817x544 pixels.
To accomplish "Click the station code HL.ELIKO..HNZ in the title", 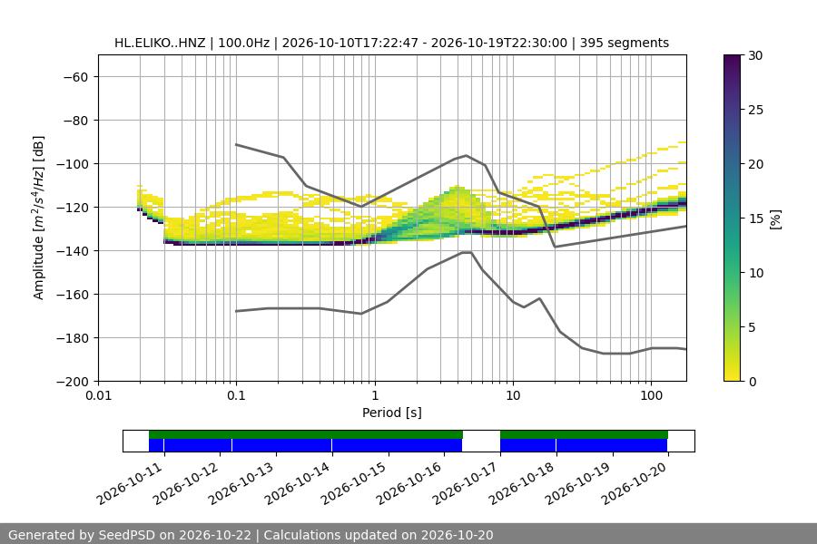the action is click(160, 43).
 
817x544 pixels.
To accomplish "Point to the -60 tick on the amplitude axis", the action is click(76, 77).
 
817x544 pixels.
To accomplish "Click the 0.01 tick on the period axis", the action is click(98, 395).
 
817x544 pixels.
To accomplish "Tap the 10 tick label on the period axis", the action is click(513, 395).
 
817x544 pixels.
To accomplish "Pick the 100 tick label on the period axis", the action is click(651, 395).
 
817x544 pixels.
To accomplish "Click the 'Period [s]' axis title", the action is click(392, 413).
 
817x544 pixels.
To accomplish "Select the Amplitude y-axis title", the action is click(38, 218).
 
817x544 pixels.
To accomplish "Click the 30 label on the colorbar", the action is click(755, 55).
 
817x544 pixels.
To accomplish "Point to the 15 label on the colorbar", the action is click(755, 219).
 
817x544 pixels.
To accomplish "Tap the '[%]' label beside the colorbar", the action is click(776, 219).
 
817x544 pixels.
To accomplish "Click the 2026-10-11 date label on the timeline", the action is click(130, 483).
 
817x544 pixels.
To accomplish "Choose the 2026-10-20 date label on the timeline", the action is click(635, 483).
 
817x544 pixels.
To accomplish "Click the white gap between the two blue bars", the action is click(481, 445).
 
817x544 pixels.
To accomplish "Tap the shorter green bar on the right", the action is click(584, 434).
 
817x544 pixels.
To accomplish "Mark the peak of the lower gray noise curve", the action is click(467, 252).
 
